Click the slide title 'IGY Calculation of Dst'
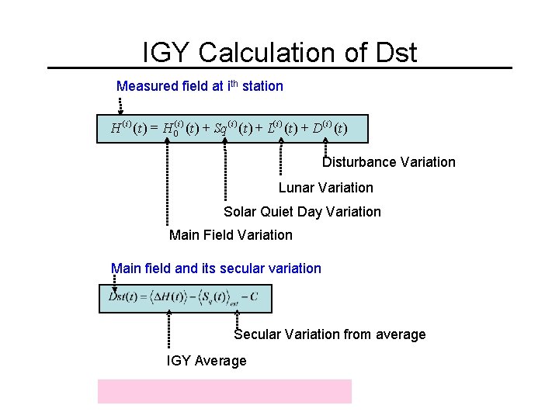pos(279,52)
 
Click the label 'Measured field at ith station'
pos(200,86)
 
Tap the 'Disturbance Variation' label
pos(388,162)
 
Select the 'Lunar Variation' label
pos(325,188)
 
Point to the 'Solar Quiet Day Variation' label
pos(302,212)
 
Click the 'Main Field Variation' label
pos(231,235)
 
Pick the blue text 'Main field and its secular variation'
pos(216,268)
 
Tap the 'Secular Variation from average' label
pos(329,334)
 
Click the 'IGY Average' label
pos(207,361)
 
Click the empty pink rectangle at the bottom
pos(224,391)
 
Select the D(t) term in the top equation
pos(329,127)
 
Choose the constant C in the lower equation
pos(254,296)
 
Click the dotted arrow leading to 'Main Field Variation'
pos(166,182)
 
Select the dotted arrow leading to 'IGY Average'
pos(168,330)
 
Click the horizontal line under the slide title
pos(279,68)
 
